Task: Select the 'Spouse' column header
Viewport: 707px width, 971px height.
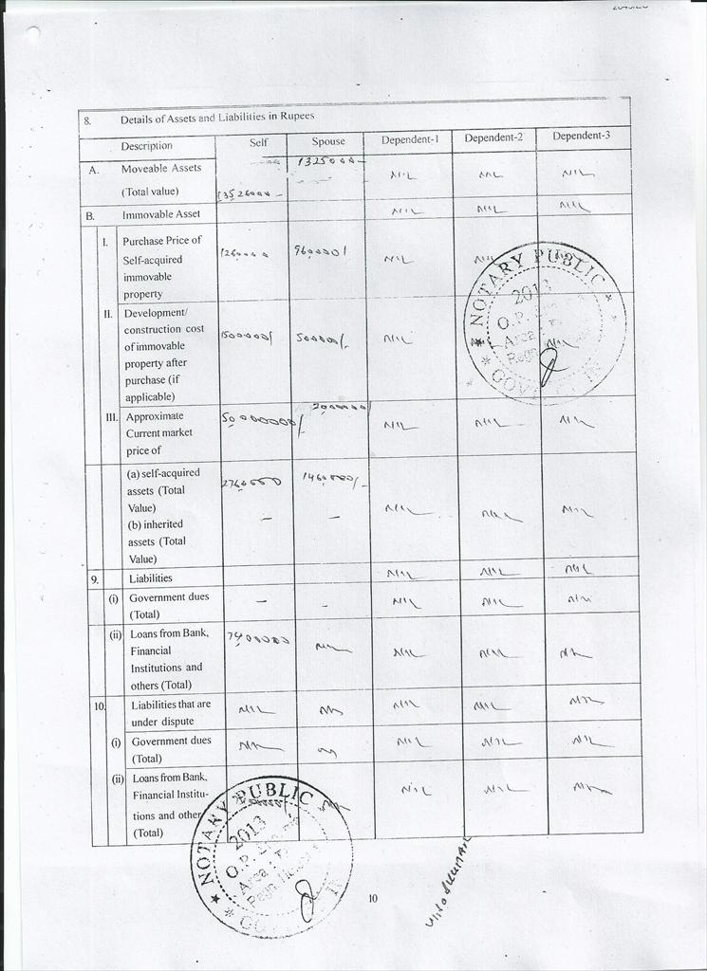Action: tap(328, 142)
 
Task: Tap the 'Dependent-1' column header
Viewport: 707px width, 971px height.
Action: tap(409, 139)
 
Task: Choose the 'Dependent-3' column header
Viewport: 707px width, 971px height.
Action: tap(581, 136)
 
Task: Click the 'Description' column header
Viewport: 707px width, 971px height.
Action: tap(146, 146)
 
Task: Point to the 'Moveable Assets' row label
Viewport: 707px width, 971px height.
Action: tap(160, 168)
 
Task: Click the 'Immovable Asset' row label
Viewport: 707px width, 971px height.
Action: tap(160, 214)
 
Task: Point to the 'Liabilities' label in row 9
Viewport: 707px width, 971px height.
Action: tap(151, 577)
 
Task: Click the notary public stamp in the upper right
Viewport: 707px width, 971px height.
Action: tap(545, 322)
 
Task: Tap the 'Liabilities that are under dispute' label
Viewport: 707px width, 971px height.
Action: tap(171, 713)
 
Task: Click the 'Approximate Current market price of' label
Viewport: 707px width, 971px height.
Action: tap(158, 432)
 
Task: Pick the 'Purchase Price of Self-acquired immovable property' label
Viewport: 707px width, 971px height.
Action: tap(161, 267)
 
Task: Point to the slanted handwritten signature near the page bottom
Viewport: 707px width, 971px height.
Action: tap(449, 883)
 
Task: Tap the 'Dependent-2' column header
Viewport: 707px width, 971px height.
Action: tap(493, 137)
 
